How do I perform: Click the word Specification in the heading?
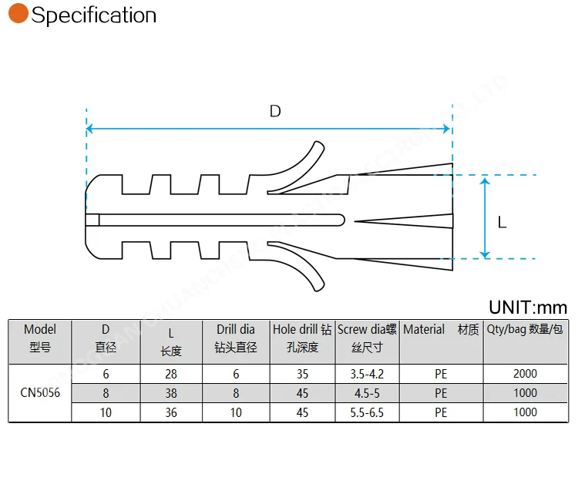click(x=93, y=15)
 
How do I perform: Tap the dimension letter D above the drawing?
click(x=275, y=111)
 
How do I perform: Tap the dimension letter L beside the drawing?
click(x=502, y=223)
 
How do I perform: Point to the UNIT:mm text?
click(x=527, y=308)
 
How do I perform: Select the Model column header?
click(x=40, y=338)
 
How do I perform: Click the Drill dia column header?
click(x=236, y=338)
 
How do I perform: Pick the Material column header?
click(x=440, y=330)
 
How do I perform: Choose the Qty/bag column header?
click(x=525, y=330)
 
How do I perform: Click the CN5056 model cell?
click(x=40, y=393)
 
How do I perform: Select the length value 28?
click(x=171, y=374)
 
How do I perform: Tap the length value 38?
click(x=171, y=393)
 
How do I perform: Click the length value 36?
click(x=171, y=412)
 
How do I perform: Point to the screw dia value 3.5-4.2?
click(x=367, y=374)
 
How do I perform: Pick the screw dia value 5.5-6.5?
click(x=367, y=412)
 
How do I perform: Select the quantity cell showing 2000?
click(x=525, y=374)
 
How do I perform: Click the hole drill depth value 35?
click(x=302, y=374)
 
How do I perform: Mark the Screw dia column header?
click(x=367, y=338)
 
